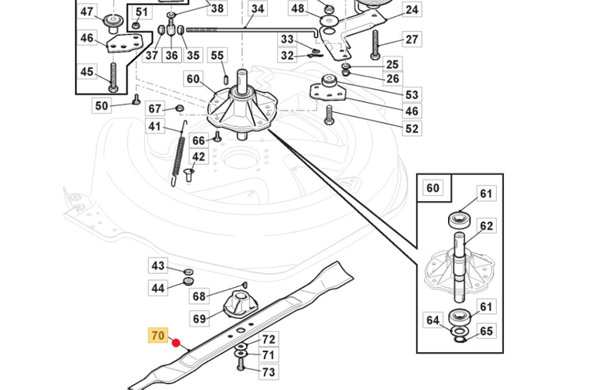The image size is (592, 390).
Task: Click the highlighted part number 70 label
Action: pyautogui.click(x=158, y=335)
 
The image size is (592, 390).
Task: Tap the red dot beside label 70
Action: pyautogui.click(x=176, y=344)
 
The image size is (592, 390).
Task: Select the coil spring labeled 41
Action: pyautogui.click(x=179, y=153)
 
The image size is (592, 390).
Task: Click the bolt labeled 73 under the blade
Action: pyautogui.click(x=241, y=364)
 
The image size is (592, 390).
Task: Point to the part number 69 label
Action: pyautogui.click(x=199, y=319)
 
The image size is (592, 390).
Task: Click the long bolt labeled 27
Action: pyautogui.click(x=375, y=45)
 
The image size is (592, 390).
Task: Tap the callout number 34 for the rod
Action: pyautogui.click(x=258, y=9)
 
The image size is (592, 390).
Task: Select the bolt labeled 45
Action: pyautogui.click(x=113, y=77)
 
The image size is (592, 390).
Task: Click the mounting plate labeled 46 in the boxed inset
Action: pyautogui.click(x=125, y=43)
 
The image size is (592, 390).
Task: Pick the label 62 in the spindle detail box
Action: pyautogui.click(x=486, y=226)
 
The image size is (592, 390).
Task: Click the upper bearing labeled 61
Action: pyautogui.click(x=460, y=219)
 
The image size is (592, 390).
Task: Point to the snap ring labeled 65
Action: pyautogui.click(x=460, y=340)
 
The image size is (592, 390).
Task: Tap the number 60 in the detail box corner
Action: pyautogui.click(x=433, y=187)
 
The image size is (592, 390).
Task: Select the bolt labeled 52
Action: pyautogui.click(x=329, y=115)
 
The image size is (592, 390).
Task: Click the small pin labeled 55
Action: pyautogui.click(x=226, y=79)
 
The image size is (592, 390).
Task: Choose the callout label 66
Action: pyautogui.click(x=199, y=140)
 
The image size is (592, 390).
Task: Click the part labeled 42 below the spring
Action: pyautogui.click(x=189, y=176)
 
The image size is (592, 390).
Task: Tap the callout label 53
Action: pyautogui.click(x=412, y=94)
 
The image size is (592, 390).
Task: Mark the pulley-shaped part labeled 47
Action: pyautogui.click(x=112, y=22)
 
